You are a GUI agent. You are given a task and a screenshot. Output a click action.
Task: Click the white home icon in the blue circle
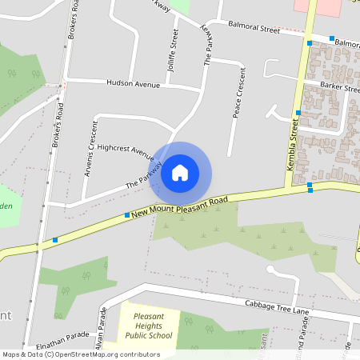(180, 172)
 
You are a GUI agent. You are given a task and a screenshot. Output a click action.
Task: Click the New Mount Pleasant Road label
(181, 206)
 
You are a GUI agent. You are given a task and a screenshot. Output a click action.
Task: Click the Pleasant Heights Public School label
(149, 326)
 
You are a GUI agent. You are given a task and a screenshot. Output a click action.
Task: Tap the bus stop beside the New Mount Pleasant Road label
(127, 214)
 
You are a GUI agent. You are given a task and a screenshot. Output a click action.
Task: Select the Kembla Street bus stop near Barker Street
(298, 113)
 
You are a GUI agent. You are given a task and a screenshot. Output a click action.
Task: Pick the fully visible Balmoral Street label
(253, 29)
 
